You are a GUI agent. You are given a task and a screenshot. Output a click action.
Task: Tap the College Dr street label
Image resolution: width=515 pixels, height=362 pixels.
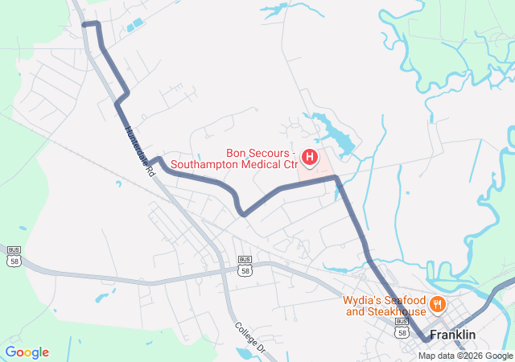250,339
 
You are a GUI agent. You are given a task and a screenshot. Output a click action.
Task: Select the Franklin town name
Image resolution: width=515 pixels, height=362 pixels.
452,334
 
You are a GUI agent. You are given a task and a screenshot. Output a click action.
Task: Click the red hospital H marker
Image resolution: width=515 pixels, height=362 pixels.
310,154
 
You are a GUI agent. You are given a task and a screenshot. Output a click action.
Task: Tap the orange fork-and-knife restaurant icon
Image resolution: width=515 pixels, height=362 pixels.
438,304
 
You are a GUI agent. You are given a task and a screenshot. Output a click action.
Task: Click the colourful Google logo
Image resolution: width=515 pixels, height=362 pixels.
27,352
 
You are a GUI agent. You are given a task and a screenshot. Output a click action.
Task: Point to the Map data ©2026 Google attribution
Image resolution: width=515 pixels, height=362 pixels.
465,356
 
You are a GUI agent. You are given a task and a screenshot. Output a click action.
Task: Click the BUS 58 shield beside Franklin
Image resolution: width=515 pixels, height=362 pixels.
402,328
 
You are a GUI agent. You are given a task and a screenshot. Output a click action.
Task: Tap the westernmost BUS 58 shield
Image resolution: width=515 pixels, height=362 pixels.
14,256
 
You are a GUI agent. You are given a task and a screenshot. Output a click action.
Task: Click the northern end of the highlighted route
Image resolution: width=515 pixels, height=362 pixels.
85,24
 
